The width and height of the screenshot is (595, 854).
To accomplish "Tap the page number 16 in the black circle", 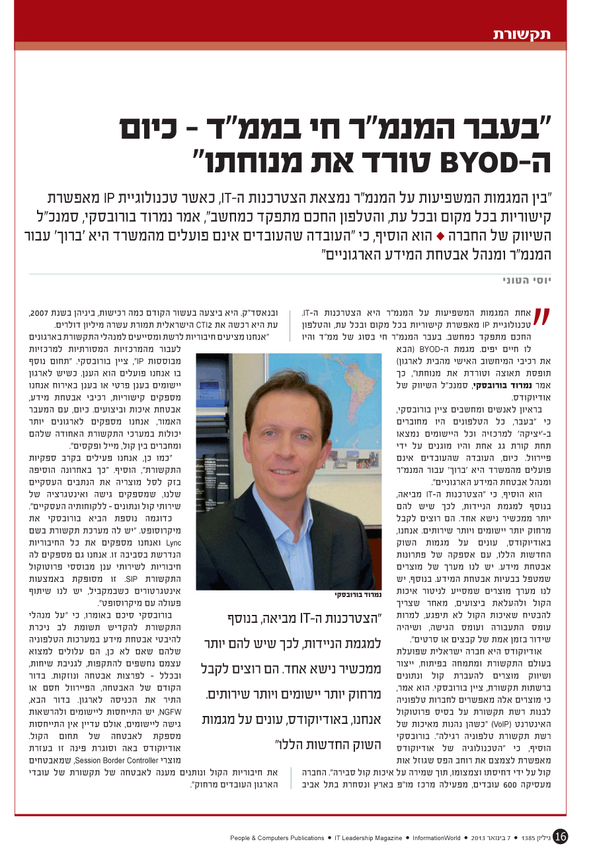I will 560,837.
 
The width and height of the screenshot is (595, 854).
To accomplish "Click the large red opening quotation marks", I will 542,319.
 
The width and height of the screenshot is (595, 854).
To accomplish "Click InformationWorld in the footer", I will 436,838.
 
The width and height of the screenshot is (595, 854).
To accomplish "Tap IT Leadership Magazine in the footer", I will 368,838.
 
